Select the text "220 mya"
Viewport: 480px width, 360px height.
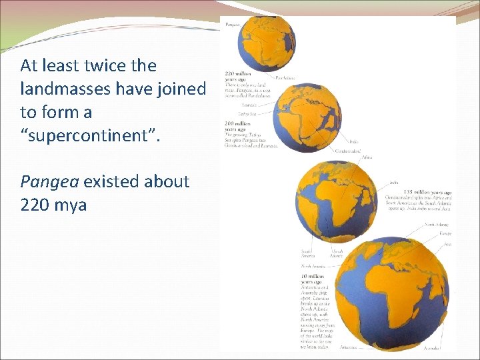tap(53, 204)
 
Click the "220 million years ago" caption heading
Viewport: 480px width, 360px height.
tap(238, 76)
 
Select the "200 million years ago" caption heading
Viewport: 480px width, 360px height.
tap(238, 125)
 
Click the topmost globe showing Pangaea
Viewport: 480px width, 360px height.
tap(267, 43)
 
